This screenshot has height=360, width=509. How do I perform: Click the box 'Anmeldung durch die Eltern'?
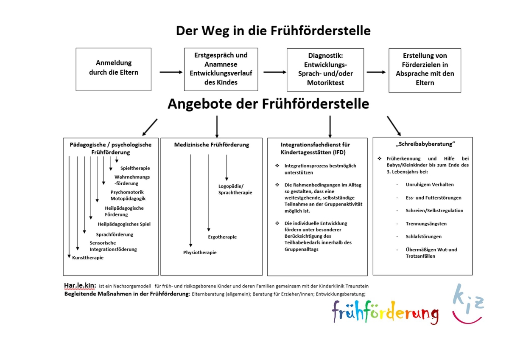(x=113, y=69)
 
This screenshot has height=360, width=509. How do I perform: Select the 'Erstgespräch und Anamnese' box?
(x=221, y=69)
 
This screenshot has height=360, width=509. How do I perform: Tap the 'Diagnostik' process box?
(x=325, y=70)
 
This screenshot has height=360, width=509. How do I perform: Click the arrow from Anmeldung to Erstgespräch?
(x=171, y=72)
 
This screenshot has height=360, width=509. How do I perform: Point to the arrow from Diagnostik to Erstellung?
(x=376, y=72)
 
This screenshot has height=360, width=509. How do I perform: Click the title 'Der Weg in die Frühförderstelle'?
(x=273, y=31)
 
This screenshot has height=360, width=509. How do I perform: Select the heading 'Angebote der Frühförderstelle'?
(x=268, y=104)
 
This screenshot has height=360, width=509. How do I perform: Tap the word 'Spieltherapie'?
(x=135, y=168)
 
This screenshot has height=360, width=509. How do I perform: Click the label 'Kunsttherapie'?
(x=88, y=258)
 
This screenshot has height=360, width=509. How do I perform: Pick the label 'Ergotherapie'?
(x=222, y=237)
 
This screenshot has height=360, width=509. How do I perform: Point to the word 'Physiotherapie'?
(x=200, y=253)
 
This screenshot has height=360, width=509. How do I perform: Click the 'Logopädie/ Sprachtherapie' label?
(x=235, y=189)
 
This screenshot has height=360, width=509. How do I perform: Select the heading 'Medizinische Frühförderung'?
(x=212, y=145)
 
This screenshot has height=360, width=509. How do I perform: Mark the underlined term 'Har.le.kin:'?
(x=80, y=285)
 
